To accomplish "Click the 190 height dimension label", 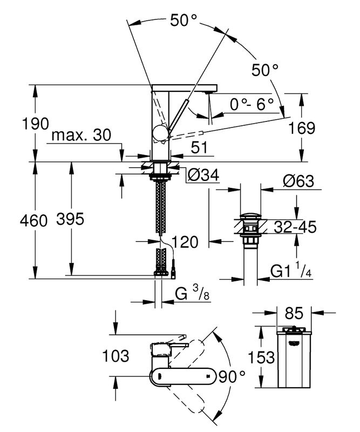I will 18,124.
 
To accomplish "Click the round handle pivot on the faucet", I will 161,132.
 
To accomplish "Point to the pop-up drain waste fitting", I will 249,230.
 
